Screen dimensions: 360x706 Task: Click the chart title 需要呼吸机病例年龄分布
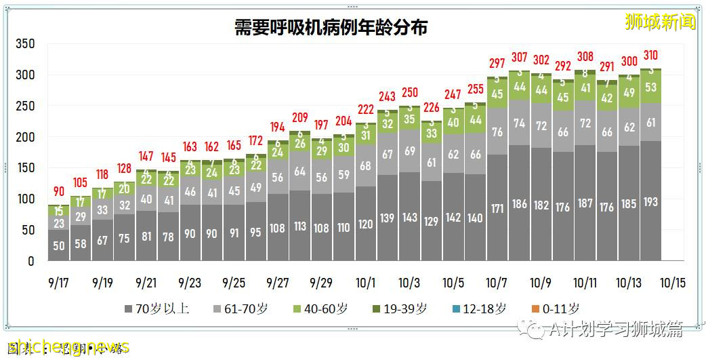click(331, 28)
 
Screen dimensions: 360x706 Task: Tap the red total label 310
click(650, 56)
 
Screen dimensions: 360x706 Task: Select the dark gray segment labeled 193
click(650, 201)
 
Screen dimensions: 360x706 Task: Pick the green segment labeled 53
click(650, 87)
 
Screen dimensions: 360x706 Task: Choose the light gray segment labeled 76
click(497, 132)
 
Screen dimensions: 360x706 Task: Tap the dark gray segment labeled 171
click(497, 208)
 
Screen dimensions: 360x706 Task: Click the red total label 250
click(409, 93)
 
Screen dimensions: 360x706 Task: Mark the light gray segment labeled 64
click(299, 172)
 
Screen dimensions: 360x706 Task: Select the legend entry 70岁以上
click(157, 309)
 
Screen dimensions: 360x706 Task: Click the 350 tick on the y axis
click(24, 44)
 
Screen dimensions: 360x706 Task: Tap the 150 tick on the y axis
click(24, 168)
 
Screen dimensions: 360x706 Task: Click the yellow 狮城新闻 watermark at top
click(660, 22)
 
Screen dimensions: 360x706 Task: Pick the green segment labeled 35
click(409, 119)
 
